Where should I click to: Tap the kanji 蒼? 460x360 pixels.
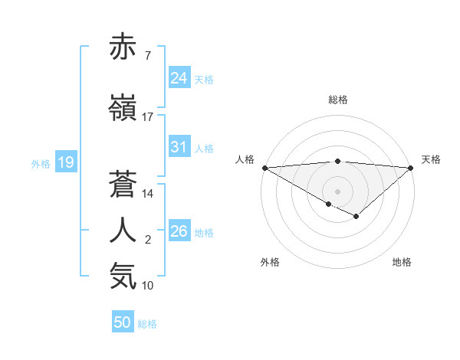tap(123, 185)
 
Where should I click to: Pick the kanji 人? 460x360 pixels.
tap(123, 231)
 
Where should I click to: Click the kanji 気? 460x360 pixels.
tap(123, 276)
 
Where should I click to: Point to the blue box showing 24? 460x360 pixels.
tap(179, 78)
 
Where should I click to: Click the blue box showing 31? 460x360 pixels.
tap(179, 147)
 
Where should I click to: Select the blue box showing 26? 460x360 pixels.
tap(179, 231)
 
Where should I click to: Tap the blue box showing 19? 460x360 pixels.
tap(65, 162)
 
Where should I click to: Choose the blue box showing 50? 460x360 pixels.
tap(123, 322)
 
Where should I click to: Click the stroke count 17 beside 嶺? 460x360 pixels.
tap(148, 117)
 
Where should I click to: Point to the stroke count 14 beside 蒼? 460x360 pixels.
tap(148, 194)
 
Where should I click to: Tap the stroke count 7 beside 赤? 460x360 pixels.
tap(147, 56)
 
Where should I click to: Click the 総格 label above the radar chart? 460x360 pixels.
tap(337, 100)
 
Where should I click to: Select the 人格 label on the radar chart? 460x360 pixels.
tap(245, 159)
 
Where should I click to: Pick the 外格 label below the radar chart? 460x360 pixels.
tap(269, 262)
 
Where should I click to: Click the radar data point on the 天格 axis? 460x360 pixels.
tap(411, 167)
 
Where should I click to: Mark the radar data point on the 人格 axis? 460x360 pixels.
tap(264, 167)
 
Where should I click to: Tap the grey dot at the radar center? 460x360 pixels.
tap(337, 190)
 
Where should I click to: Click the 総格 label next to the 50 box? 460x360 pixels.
tap(147, 324)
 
